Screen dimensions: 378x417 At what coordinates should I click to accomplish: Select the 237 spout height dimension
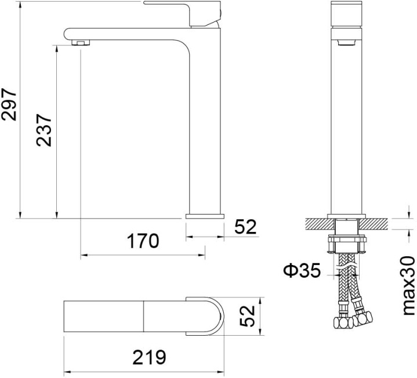(45, 129)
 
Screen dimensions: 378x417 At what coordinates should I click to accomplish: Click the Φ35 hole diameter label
(302, 271)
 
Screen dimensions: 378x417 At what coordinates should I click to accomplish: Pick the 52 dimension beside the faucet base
(245, 227)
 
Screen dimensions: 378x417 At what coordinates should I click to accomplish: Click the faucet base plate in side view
(204, 216)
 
